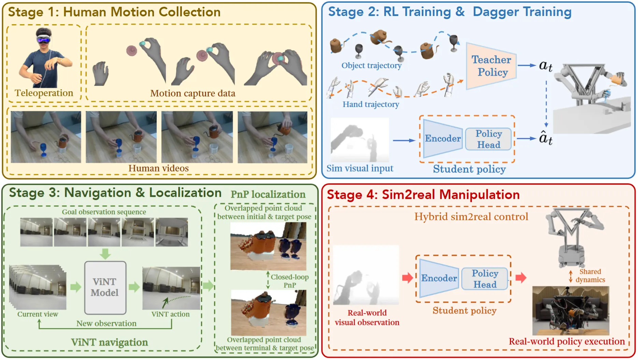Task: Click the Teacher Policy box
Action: coord(491,66)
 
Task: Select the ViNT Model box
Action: coord(105,287)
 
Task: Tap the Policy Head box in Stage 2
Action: coord(489,139)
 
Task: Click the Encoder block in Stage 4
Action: coord(439,278)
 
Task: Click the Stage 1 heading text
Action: coord(114,12)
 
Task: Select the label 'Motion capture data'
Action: coord(192,93)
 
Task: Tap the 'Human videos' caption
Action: coord(158,168)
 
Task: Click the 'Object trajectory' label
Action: coord(371,65)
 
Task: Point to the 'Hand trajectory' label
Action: coord(371,104)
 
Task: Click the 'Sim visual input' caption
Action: coord(360,168)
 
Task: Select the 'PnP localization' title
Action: coord(268,194)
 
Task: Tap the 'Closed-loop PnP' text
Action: coord(290,281)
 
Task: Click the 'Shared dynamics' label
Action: coord(590,276)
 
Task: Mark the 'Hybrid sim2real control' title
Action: coord(471,217)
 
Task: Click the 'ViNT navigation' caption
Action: coord(109,342)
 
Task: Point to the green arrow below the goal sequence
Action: coord(105,254)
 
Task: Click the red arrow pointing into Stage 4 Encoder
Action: coord(407,277)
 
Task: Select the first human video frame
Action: coord(46,137)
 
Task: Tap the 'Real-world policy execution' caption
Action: coord(566,342)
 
